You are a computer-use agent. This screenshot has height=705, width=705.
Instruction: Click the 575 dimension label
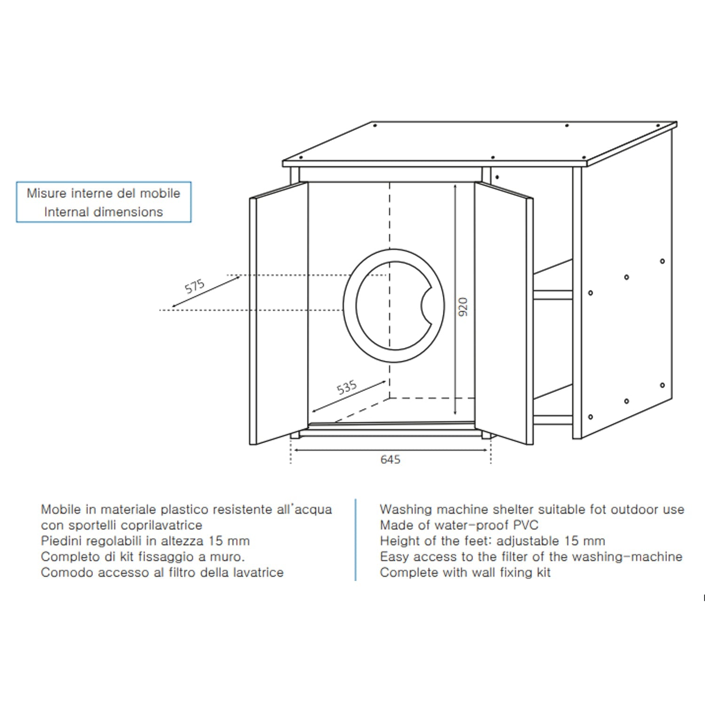pyautogui.click(x=195, y=286)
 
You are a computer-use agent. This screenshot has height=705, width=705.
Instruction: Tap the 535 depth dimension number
pyautogui.click(x=347, y=387)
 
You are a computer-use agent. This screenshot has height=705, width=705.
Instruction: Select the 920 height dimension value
pyautogui.click(x=463, y=306)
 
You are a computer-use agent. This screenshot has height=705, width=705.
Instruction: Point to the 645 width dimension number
pyautogui.click(x=390, y=459)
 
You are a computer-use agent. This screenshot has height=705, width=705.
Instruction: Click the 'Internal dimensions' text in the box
pyautogui.click(x=103, y=212)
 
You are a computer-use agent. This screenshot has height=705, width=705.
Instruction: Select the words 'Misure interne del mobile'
pyautogui.click(x=103, y=193)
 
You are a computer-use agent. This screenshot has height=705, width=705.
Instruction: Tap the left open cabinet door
pyautogui.click(x=278, y=313)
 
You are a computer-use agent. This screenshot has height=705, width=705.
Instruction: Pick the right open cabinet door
pyautogui.click(x=504, y=313)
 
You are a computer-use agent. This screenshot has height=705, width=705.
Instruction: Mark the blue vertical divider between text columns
pyautogui.click(x=356, y=540)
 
